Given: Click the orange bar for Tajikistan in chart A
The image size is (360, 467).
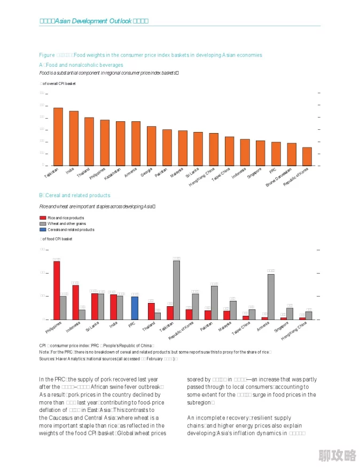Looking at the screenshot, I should click(58, 136).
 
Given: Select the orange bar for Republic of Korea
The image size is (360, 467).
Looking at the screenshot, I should click(307, 156).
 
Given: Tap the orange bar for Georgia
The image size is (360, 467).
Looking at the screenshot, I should click(152, 145).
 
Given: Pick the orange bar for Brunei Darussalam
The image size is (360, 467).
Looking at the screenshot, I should click(292, 154).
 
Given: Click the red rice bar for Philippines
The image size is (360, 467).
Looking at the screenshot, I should click(57, 290).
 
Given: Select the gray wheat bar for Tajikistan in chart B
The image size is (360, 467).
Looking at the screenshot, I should click(176, 290).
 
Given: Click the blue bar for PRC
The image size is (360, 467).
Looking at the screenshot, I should click(135, 308).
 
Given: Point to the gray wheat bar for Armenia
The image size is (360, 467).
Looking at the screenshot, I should click(271, 297).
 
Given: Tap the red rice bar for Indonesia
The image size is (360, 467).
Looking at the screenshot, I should click(75, 302).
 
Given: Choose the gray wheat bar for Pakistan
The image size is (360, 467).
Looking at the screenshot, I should click(214, 302).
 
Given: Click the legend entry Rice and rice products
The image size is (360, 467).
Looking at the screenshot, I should click(65, 218).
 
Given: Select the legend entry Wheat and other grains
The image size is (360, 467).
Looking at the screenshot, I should click(66, 224).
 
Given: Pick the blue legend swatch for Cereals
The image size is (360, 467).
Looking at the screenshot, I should click(43, 230).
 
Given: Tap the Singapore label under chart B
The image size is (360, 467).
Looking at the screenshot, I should click(281, 327).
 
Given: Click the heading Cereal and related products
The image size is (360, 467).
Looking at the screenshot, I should click(77, 196).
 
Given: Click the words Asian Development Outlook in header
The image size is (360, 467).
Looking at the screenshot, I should click(93, 21).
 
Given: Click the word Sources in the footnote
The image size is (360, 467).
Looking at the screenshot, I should click(47, 359).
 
